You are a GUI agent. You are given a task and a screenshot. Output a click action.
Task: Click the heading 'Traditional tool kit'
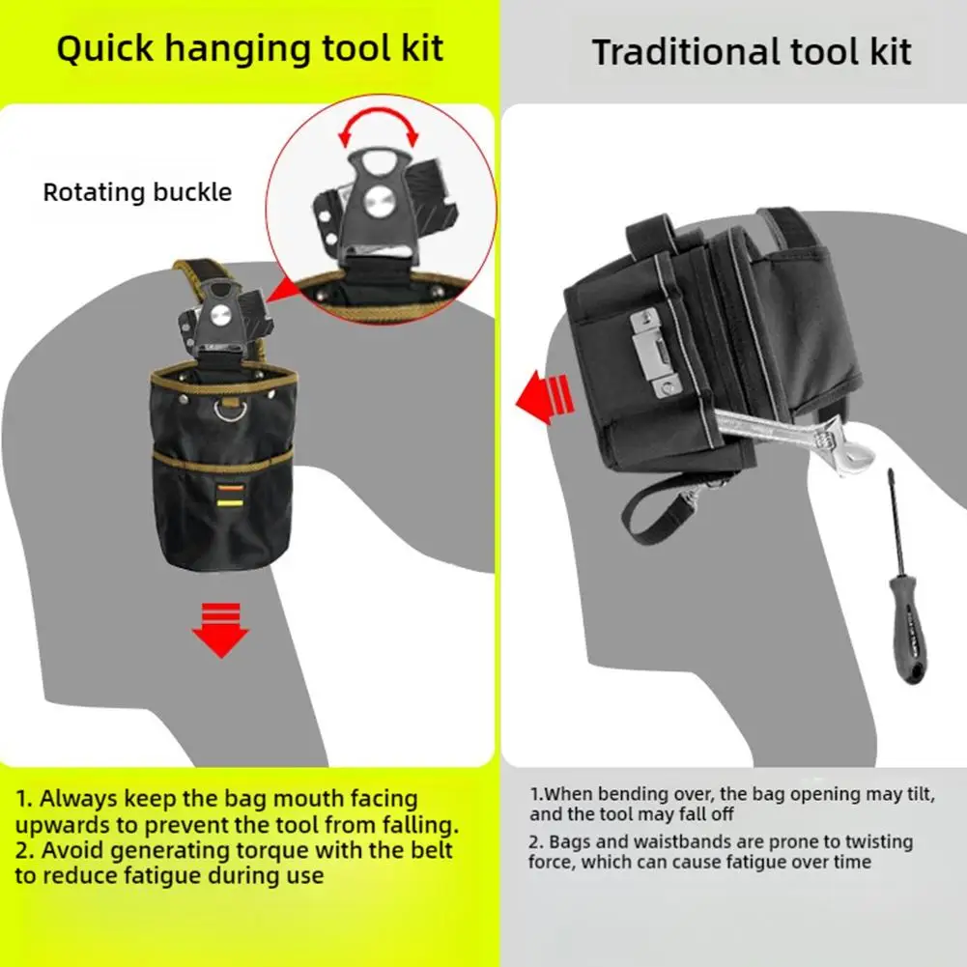[751, 51]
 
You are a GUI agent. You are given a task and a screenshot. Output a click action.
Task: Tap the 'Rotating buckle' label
[137, 191]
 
